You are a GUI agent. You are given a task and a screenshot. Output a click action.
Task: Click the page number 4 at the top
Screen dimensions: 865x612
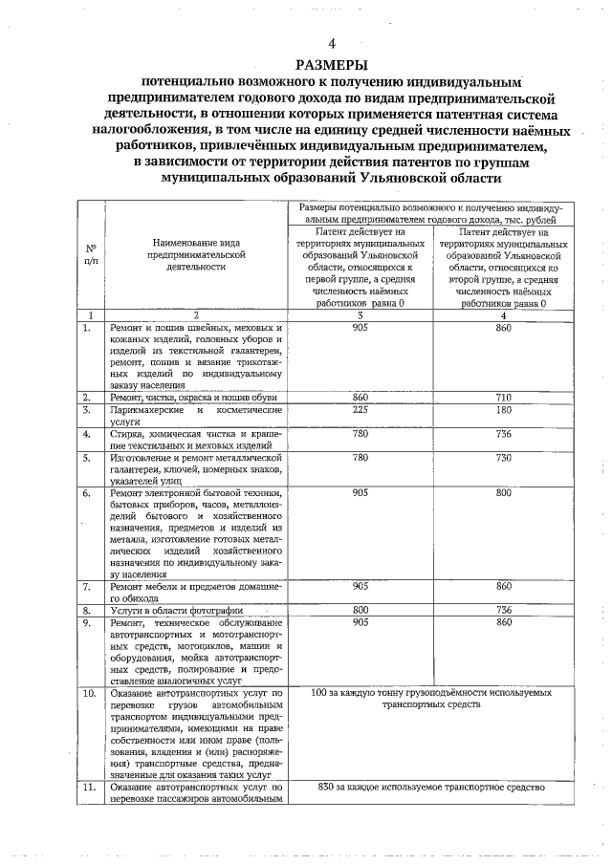pyautogui.click(x=332, y=45)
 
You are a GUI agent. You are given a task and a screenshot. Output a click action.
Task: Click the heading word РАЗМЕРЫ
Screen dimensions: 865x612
pyautogui.click(x=332, y=65)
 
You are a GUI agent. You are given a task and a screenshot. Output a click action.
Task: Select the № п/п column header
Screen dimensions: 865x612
pyautogui.click(x=90, y=255)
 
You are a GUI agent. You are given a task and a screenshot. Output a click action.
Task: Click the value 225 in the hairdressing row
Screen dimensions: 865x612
pyautogui.click(x=361, y=409)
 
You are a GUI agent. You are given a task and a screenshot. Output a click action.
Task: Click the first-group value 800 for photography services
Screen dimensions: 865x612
pyautogui.click(x=361, y=609)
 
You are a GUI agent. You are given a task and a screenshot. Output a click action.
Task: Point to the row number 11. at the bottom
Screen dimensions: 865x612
pyautogui.click(x=90, y=787)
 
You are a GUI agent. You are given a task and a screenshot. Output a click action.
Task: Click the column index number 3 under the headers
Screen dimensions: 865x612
pyautogui.click(x=361, y=314)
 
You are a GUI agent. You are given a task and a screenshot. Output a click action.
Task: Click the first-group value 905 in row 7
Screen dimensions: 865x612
pyautogui.click(x=361, y=585)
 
